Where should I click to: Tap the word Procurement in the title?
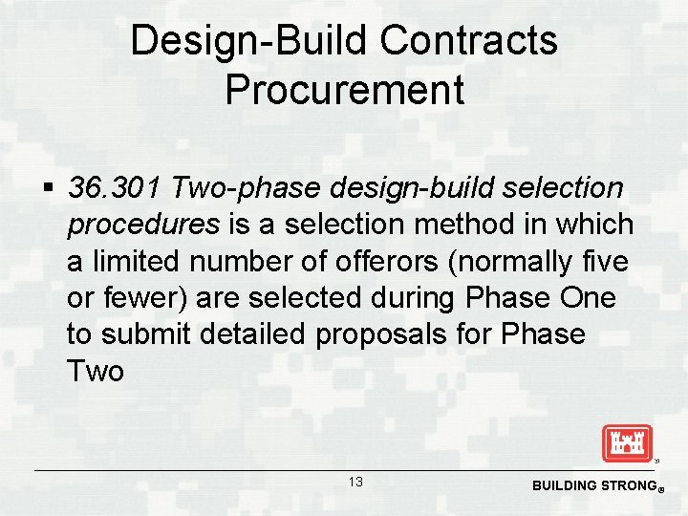click(345, 90)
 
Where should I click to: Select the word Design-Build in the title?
click(249, 41)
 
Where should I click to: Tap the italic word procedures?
click(143, 225)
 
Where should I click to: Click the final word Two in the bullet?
click(96, 370)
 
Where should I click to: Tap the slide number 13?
click(355, 482)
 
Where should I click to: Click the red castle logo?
click(627, 443)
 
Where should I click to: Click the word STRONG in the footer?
click(630, 485)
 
